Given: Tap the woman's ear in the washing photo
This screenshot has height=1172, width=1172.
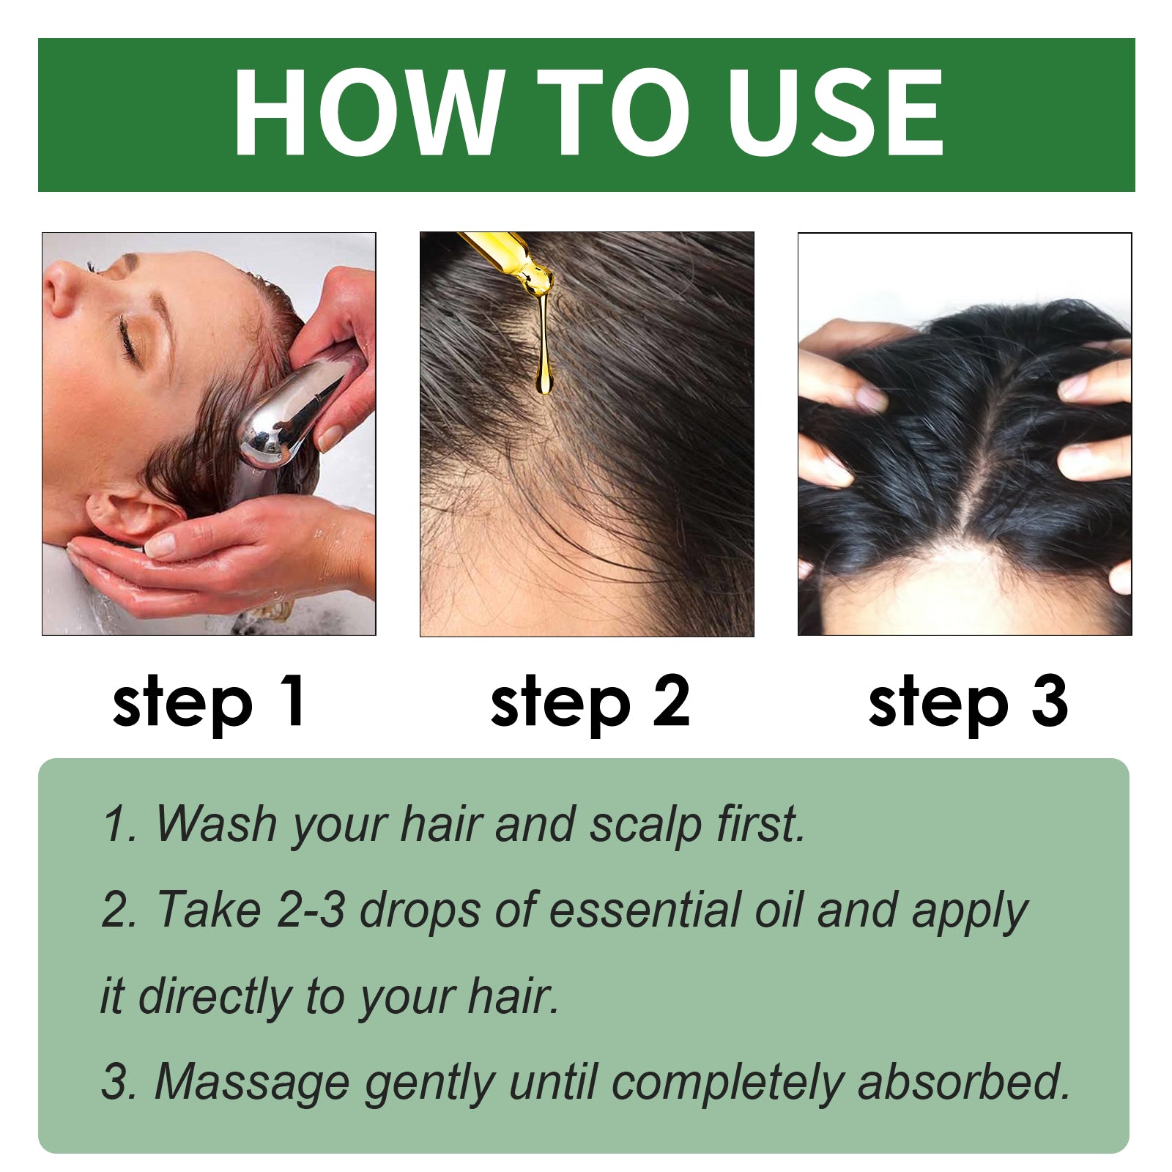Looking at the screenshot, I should [125, 513].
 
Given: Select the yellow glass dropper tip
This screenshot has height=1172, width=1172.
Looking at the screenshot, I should [513, 260].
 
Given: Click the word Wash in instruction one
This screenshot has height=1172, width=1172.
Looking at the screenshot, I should [216, 823].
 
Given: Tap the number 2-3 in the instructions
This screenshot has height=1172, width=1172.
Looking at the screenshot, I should [311, 910].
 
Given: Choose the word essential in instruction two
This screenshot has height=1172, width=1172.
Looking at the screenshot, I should [645, 910].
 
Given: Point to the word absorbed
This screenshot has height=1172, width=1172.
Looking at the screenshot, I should [963, 1082].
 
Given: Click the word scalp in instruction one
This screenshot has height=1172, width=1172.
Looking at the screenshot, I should [645, 825].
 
